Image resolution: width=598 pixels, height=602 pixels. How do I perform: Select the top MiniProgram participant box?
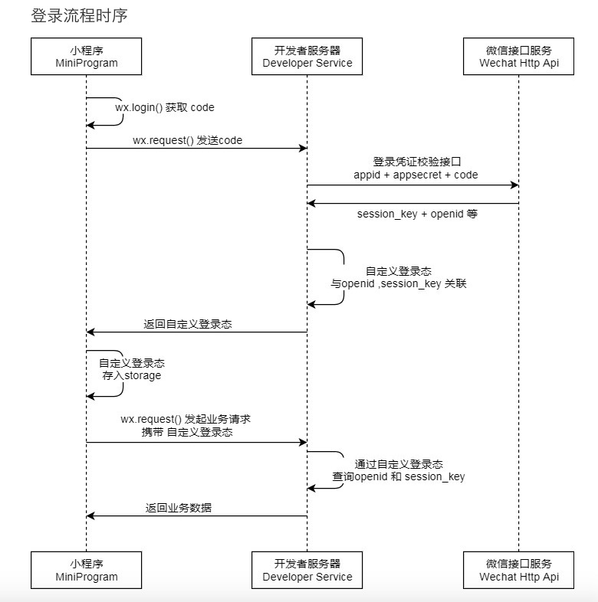pos(86,56)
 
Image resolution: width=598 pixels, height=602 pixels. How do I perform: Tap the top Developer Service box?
pos(307,56)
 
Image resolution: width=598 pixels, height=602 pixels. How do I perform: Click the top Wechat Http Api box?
pos(518,56)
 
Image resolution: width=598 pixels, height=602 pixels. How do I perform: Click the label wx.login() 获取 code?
pos(165,108)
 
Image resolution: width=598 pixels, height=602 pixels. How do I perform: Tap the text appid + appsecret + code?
pos(416,175)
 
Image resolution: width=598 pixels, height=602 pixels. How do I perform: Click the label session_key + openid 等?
pos(417,214)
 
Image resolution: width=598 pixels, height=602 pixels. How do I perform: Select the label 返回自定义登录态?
pos(188,324)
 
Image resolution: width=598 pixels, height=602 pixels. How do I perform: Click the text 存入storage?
pos(132,376)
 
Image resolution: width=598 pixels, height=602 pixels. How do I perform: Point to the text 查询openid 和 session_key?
pos(399,476)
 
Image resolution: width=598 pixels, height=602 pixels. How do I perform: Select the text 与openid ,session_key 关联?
pos(399,283)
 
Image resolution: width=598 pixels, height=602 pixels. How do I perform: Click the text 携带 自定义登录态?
pos(188,433)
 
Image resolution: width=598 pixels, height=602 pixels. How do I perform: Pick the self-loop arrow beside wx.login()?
pos(121,111)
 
